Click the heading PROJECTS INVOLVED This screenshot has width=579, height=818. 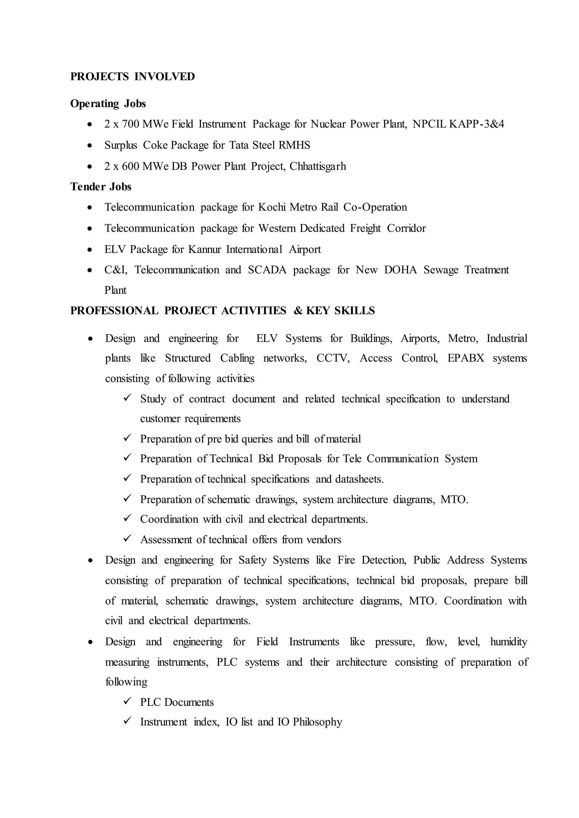[x=132, y=77]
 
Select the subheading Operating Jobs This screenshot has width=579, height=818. [x=108, y=104]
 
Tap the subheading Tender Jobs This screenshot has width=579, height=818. [x=101, y=187]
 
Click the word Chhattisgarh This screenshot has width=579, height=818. [x=318, y=166]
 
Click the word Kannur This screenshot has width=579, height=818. [x=204, y=249]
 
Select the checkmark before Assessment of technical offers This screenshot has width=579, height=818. [x=128, y=538]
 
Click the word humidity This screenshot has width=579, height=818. [x=508, y=642]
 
